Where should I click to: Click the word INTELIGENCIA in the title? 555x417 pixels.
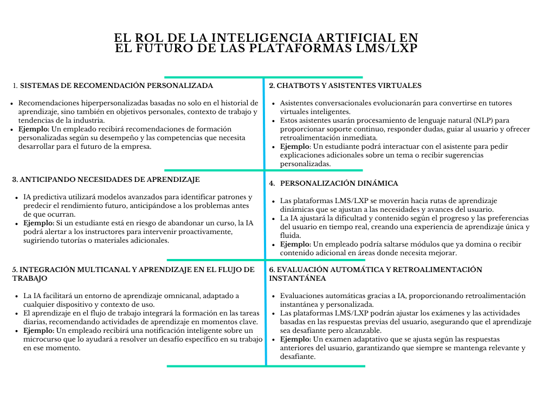point(263,37)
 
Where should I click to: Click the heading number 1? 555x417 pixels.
point(15,86)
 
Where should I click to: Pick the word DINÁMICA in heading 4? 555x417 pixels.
point(377,184)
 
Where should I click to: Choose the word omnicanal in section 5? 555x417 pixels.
point(180,296)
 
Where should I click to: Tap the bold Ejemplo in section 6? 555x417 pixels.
point(295,339)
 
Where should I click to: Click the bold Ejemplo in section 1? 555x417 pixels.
point(33,129)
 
